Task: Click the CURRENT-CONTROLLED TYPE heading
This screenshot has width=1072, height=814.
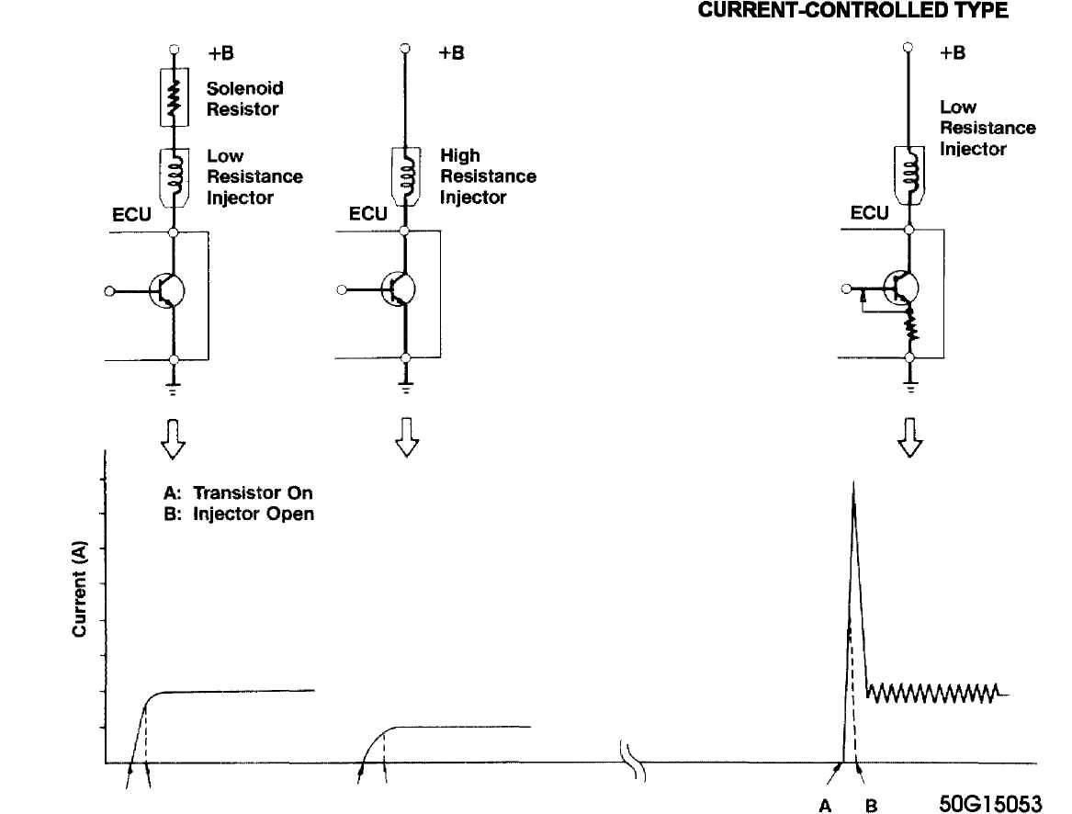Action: (852, 10)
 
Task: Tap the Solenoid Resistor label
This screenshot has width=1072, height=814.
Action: (244, 98)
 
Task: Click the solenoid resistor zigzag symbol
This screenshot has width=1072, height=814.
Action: (175, 97)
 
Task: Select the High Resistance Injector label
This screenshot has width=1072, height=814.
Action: (488, 175)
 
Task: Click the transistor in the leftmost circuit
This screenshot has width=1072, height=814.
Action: (167, 290)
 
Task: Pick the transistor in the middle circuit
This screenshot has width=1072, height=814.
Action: (399, 288)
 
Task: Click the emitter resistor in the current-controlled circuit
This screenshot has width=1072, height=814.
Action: (910, 326)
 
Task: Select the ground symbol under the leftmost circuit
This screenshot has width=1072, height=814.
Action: (174, 389)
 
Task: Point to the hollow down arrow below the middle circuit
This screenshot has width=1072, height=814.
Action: (407, 437)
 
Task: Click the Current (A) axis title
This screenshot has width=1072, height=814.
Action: (79, 589)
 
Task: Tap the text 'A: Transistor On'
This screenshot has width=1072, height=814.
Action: (238, 492)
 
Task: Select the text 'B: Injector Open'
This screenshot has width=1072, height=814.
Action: (239, 514)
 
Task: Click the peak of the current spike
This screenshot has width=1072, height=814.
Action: (853, 482)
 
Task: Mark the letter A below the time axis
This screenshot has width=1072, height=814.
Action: (825, 806)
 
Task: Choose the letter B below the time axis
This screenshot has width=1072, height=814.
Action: (871, 806)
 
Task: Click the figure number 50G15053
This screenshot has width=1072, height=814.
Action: (990, 803)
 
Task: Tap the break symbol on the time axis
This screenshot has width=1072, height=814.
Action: (633, 760)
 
